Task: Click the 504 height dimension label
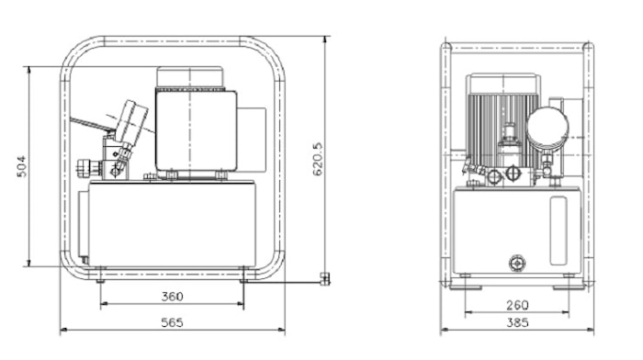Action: [22, 166]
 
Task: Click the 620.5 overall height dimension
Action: [318, 159]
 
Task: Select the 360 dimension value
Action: [172, 297]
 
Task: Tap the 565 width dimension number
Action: [172, 322]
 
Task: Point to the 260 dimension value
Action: [517, 306]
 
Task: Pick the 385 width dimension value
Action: [517, 322]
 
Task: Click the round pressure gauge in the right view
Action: [547, 127]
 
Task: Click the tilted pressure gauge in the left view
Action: [130, 121]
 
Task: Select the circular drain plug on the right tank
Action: [517, 263]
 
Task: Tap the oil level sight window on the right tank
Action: [558, 231]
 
